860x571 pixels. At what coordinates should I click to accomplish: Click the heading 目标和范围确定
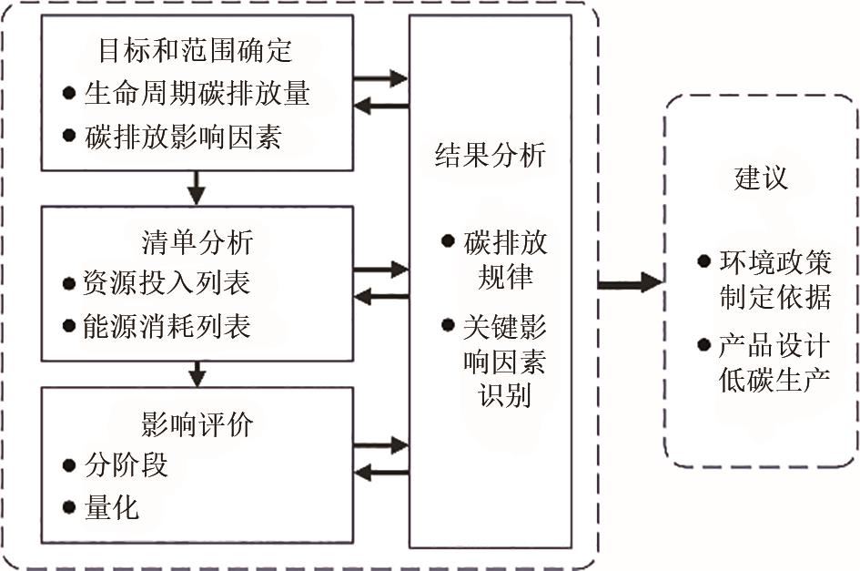tap(197, 50)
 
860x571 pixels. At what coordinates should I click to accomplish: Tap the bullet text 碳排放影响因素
tap(184, 138)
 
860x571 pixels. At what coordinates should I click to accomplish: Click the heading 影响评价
tap(197, 423)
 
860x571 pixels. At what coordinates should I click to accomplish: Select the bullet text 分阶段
tap(126, 465)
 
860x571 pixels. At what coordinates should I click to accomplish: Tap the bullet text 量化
tap(112, 506)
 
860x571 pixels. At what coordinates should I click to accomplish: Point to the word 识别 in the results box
tap(504, 395)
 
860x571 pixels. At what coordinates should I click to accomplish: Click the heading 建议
tap(760, 178)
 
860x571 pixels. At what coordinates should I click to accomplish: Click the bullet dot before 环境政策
tap(703, 262)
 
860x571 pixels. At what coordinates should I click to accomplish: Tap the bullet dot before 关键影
tap(447, 324)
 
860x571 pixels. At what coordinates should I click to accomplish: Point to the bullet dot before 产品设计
tap(703, 344)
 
